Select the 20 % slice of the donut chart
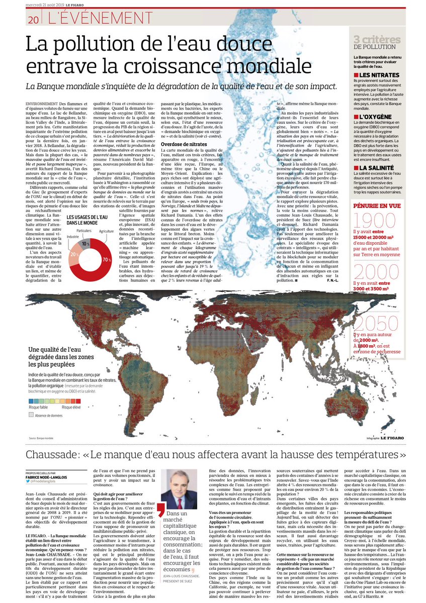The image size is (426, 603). pyautogui.click(x=73, y=254)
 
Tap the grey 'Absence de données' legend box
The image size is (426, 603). pyautogui.click(x=31, y=416)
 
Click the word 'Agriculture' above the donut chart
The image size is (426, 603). pyautogui.click(x=106, y=231)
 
